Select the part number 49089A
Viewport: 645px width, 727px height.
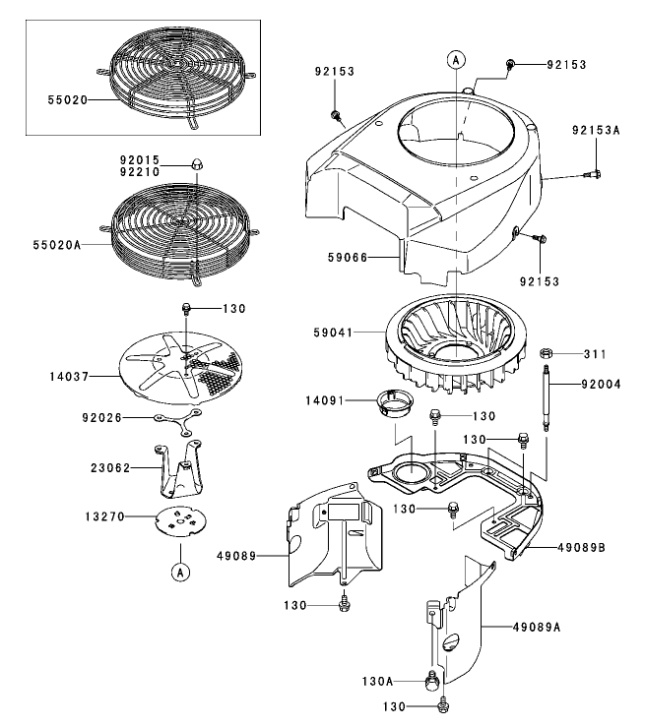tap(543, 625)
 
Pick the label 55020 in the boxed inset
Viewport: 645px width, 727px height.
tap(67, 99)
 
